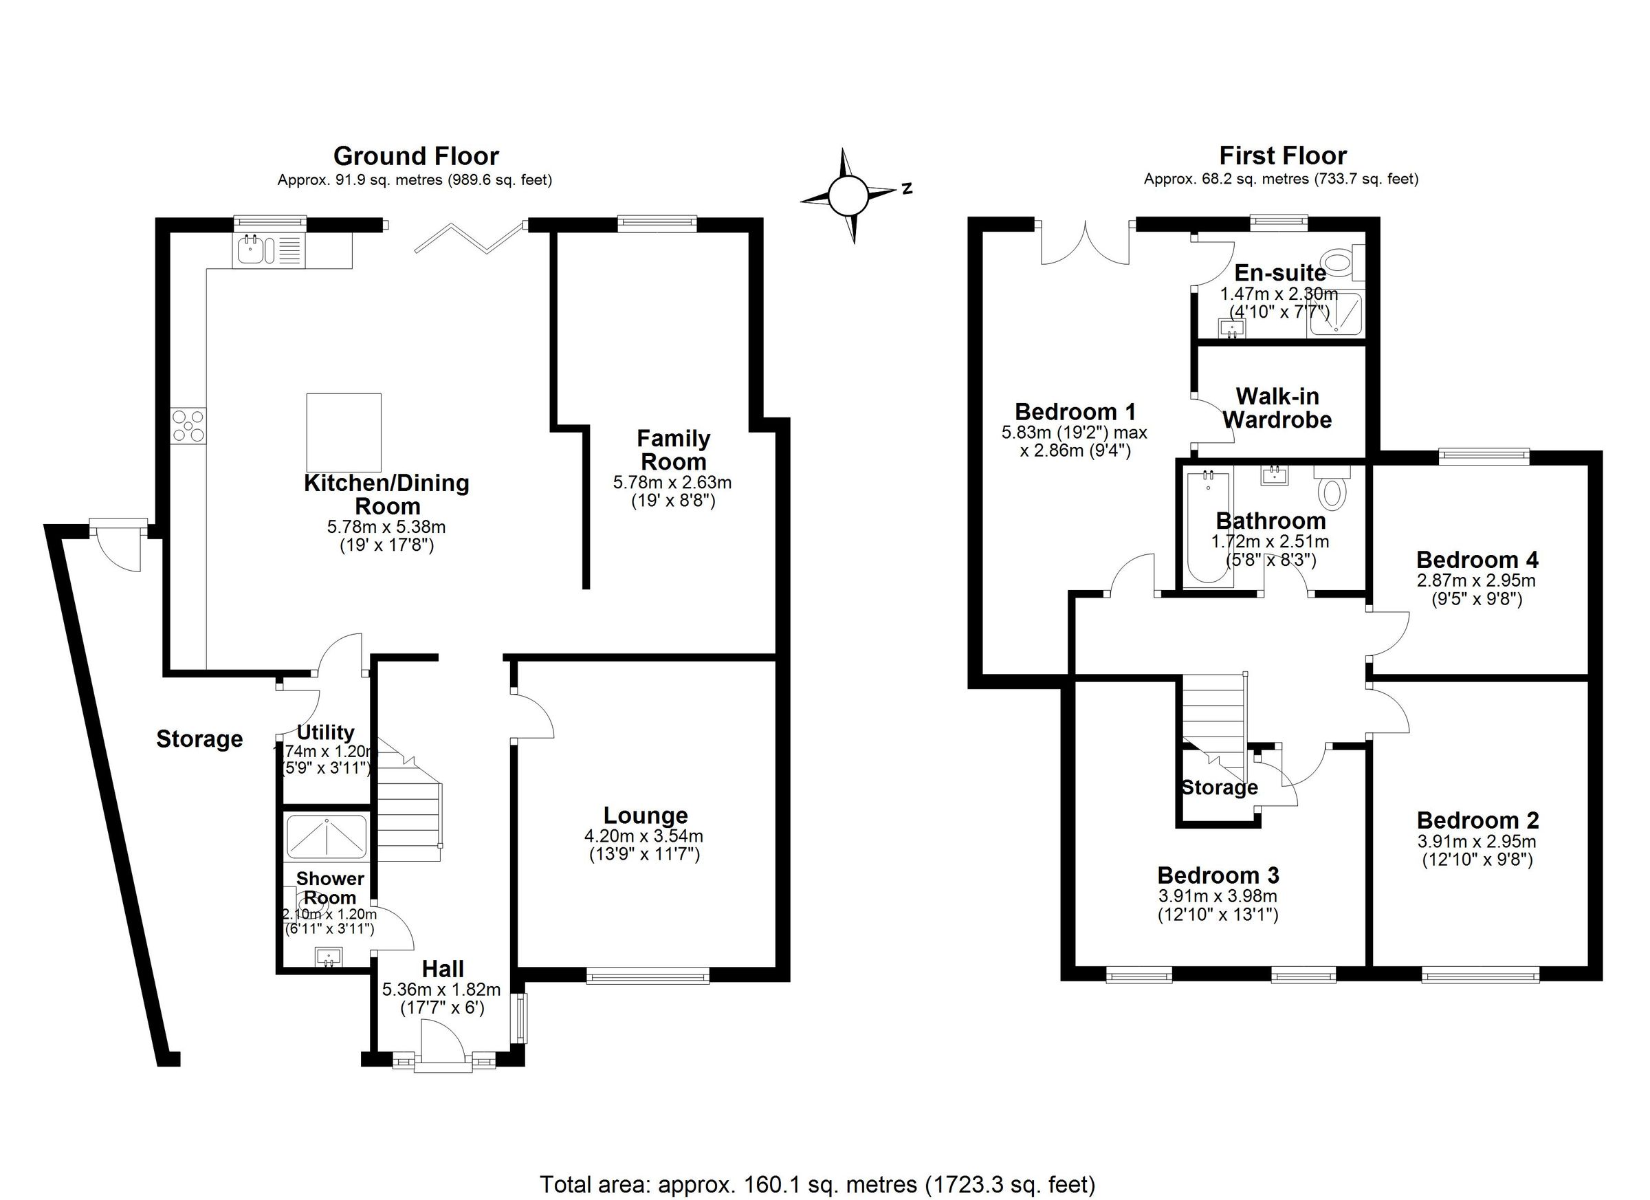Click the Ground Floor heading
[415, 157]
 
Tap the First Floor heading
[1283, 155]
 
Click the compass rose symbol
[848, 195]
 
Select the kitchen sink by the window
[251, 250]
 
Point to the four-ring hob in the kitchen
[188, 426]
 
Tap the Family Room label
[673, 450]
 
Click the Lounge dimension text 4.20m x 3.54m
[644, 836]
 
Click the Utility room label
[325, 732]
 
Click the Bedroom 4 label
[1477, 560]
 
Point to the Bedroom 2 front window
[1480, 974]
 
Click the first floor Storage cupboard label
[1220, 788]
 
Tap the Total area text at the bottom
[817, 1184]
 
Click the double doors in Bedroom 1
[1085, 244]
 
